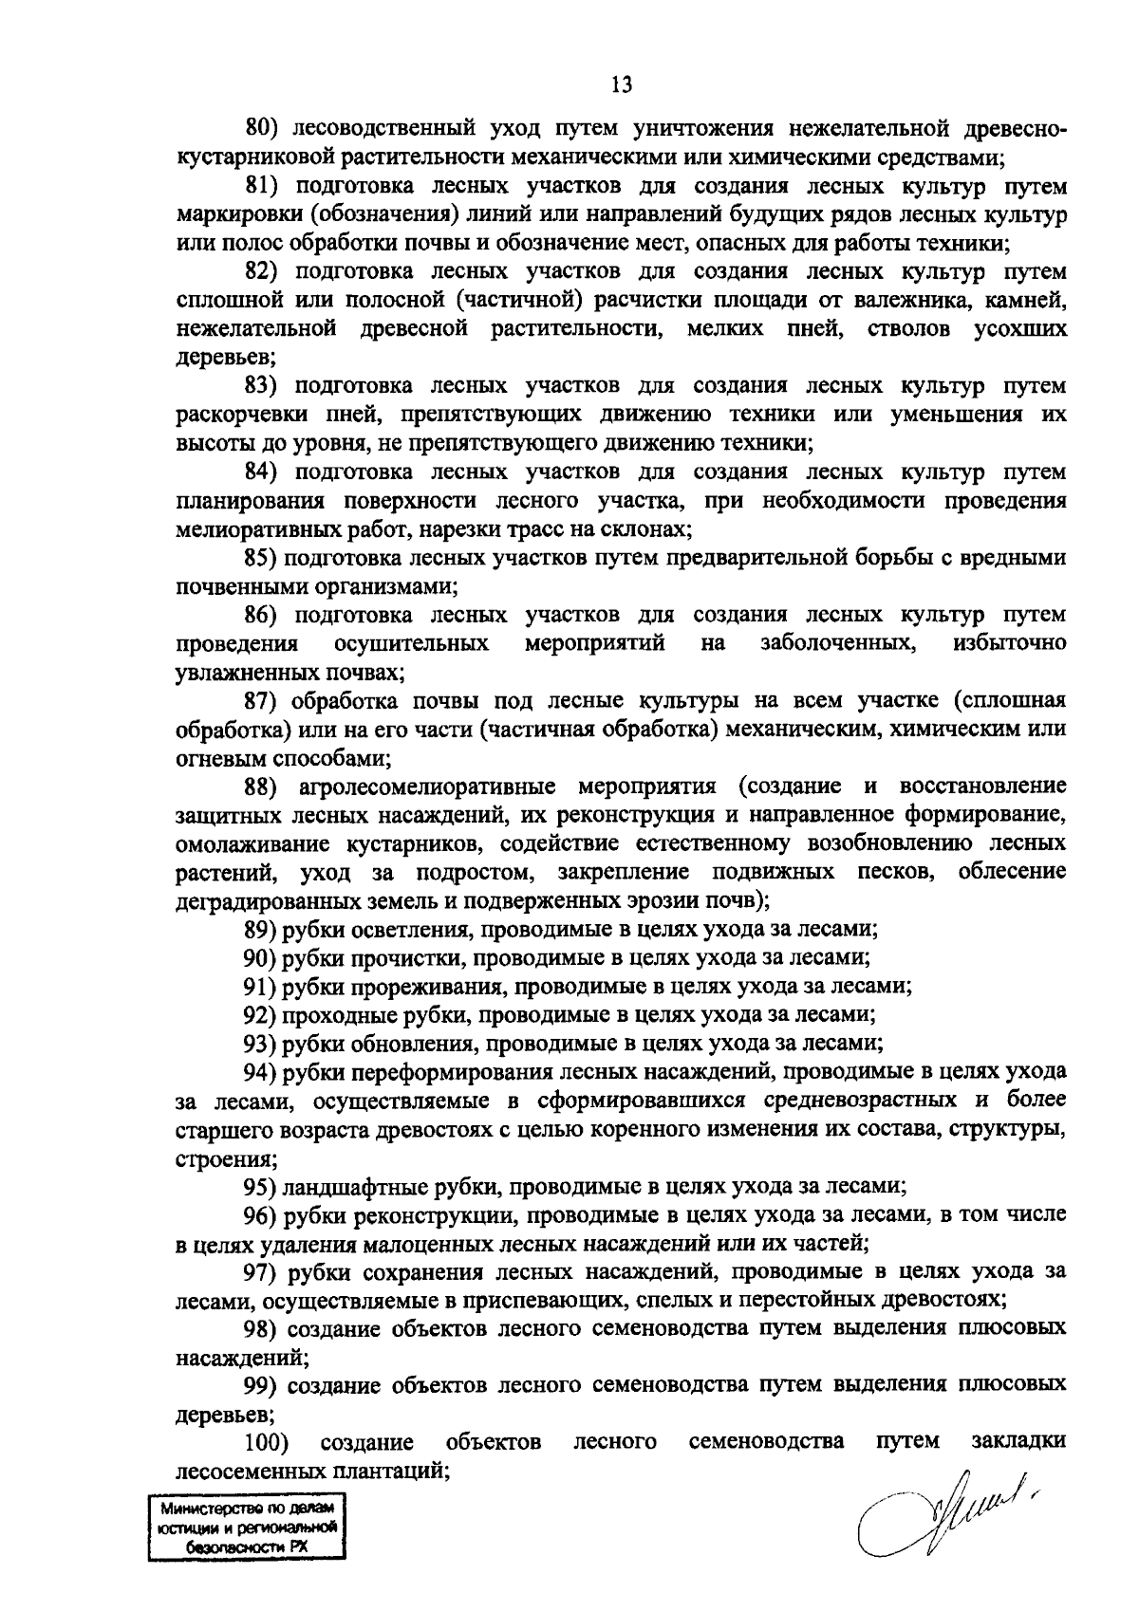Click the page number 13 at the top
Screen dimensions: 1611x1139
click(x=621, y=84)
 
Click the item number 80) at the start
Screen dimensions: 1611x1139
click(x=261, y=128)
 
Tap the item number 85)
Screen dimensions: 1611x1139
click(x=261, y=558)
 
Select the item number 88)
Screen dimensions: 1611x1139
click(x=261, y=787)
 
